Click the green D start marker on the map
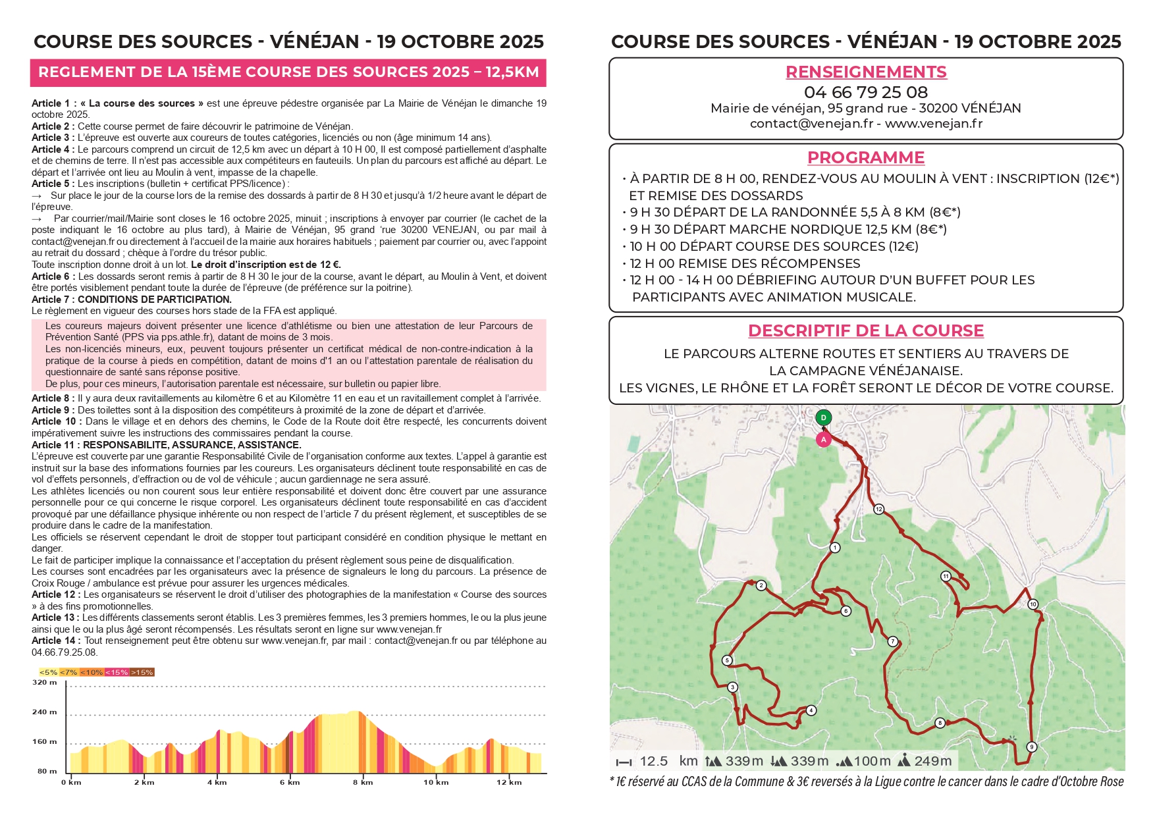[823, 417]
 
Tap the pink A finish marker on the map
[823, 440]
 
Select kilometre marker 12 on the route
[878, 509]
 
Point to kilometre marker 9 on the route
[1032, 747]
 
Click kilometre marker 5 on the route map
[727, 660]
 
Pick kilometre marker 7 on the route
[893, 641]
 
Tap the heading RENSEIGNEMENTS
[866, 72]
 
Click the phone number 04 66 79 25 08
[866, 92]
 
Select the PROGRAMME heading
[866, 157]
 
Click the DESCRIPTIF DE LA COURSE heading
[866, 330]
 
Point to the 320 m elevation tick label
[45, 683]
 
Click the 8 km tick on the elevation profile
[363, 782]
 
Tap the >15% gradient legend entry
[142, 672]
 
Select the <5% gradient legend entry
[48, 672]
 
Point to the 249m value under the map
[932, 761]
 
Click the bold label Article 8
[53, 398]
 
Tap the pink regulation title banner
[288, 72]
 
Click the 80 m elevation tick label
[47, 771]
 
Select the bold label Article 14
[55, 641]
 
